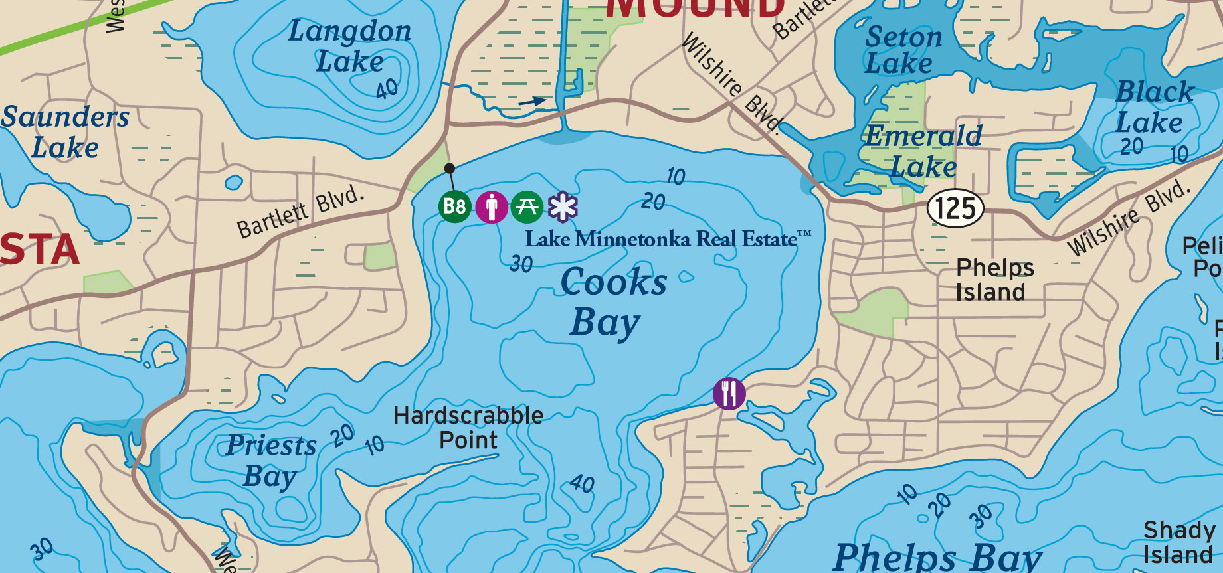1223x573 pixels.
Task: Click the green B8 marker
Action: pyautogui.click(x=454, y=206)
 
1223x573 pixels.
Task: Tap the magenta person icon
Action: pyautogui.click(x=492, y=206)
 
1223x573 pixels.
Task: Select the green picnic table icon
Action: pyautogui.click(x=527, y=206)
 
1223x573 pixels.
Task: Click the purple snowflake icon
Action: pyautogui.click(x=563, y=206)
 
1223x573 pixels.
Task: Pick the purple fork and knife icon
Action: pyautogui.click(x=729, y=394)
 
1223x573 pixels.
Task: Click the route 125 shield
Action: pyautogui.click(x=955, y=208)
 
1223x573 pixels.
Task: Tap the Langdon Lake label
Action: pyautogui.click(x=349, y=46)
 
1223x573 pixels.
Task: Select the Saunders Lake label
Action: pyautogui.click(x=65, y=132)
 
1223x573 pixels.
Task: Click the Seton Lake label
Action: pyautogui.click(x=902, y=50)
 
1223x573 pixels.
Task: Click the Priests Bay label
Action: pyautogui.click(x=271, y=461)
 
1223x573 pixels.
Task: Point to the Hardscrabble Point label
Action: pyautogui.click(x=468, y=428)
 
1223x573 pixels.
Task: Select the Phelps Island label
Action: pyautogui.click(x=994, y=280)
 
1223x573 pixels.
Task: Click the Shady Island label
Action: pyautogui.click(x=1178, y=542)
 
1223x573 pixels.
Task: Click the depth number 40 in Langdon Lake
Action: pyautogui.click(x=387, y=88)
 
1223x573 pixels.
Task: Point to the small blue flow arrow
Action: pyautogui.click(x=533, y=102)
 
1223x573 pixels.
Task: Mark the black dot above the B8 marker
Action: pyautogui.click(x=450, y=168)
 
